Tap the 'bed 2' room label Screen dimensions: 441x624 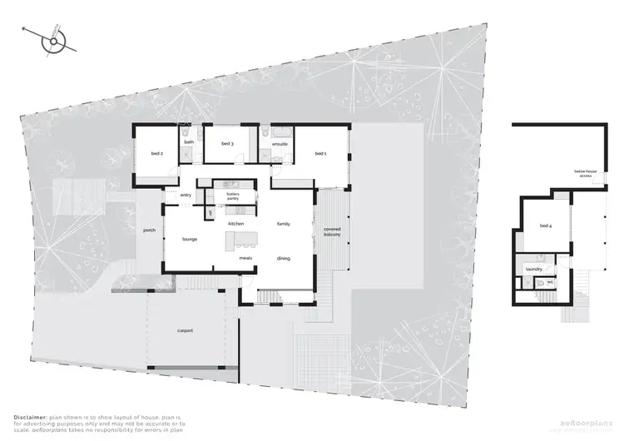(x=156, y=154)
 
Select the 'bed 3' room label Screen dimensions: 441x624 (x=226, y=144)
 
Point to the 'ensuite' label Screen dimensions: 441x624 (x=280, y=144)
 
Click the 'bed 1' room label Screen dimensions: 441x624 (x=320, y=154)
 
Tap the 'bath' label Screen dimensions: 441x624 (x=189, y=142)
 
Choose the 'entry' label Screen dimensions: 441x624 (x=186, y=196)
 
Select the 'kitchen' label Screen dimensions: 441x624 (x=235, y=225)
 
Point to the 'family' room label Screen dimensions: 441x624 (x=283, y=225)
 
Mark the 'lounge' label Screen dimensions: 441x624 (x=190, y=240)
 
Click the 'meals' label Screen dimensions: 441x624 (x=245, y=258)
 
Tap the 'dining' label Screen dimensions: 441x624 (x=284, y=259)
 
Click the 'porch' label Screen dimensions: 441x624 (x=150, y=230)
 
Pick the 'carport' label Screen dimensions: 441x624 (x=185, y=330)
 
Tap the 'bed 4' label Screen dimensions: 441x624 (x=545, y=225)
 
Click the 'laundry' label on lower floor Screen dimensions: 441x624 (x=533, y=269)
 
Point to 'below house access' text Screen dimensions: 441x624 (x=583, y=174)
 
